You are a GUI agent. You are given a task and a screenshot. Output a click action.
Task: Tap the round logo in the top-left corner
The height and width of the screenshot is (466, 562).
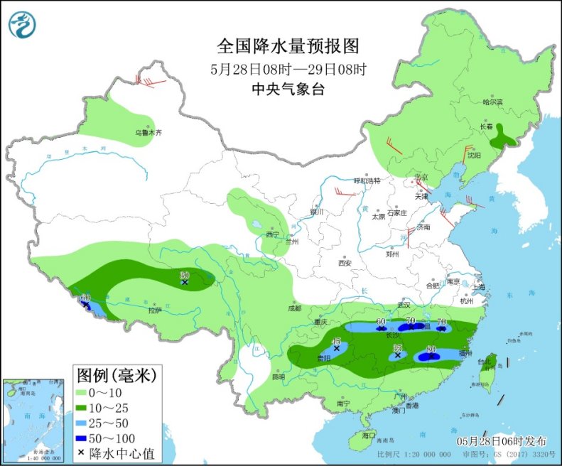[x=21, y=25]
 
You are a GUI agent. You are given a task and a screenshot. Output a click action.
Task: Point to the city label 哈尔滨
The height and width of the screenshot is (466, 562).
[x=492, y=103]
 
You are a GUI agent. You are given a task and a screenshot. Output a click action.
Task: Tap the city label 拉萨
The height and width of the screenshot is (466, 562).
[x=155, y=310]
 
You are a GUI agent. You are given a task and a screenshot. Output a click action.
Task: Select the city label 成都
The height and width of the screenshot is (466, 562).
[x=296, y=308]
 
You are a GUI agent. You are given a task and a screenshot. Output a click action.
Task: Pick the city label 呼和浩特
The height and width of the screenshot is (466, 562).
[x=368, y=180]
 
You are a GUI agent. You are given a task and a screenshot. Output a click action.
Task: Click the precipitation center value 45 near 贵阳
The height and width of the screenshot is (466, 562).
[x=337, y=342]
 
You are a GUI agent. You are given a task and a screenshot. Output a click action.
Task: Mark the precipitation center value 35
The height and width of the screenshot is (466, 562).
[x=398, y=347]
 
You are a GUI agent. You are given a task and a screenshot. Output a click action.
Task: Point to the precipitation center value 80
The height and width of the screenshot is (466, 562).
[x=430, y=349]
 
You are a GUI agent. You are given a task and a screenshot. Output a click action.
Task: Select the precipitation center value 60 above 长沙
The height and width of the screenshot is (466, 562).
[x=381, y=322]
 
